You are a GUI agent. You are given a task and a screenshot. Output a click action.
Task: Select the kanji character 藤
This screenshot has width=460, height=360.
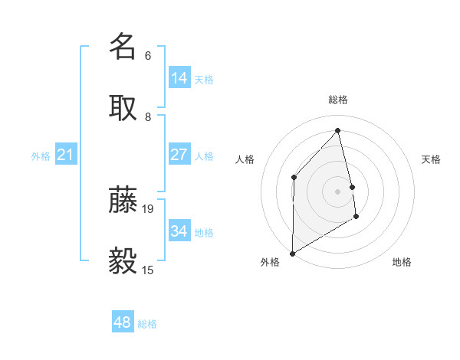click(x=123, y=199)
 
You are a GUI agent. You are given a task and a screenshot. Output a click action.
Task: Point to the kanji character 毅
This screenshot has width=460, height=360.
click(x=123, y=260)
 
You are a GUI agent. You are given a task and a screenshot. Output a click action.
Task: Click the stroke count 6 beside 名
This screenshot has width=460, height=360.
click(x=148, y=56)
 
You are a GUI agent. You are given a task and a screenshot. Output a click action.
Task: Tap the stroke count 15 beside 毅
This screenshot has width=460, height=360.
click(x=148, y=270)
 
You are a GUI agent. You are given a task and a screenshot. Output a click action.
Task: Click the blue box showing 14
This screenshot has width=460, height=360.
click(x=179, y=78)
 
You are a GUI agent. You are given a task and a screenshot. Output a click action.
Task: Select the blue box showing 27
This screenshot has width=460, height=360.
click(x=179, y=155)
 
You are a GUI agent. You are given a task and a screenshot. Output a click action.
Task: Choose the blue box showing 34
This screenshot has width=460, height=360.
click(x=179, y=231)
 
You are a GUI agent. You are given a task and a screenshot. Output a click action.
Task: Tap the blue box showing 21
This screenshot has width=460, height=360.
click(x=66, y=155)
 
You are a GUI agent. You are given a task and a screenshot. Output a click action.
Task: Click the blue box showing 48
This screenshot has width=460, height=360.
click(x=123, y=322)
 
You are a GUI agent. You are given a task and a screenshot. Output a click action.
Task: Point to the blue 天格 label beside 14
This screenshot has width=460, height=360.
click(x=204, y=80)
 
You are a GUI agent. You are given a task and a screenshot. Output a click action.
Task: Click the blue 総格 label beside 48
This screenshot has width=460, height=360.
click(x=147, y=324)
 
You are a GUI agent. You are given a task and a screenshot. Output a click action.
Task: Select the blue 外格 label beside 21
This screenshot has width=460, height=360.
click(x=41, y=156)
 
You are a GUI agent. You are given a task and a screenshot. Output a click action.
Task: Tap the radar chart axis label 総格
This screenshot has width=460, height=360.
click(x=338, y=100)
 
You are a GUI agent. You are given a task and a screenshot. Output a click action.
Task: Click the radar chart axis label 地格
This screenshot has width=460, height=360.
click(x=402, y=262)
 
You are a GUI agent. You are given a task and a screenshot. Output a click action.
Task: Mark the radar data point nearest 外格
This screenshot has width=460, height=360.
click(x=292, y=253)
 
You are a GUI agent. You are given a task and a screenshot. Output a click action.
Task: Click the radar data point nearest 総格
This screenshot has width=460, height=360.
click(x=338, y=131)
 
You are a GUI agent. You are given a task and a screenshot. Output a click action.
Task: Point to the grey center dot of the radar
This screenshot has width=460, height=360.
click(x=338, y=191)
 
